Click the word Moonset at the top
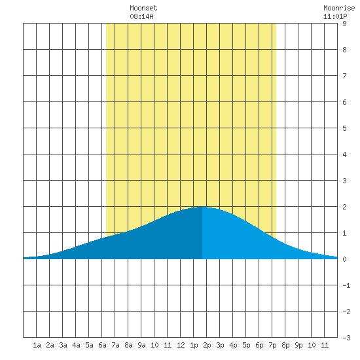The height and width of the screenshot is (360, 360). (x=143, y=8)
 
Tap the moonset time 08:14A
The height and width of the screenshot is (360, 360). (x=141, y=16)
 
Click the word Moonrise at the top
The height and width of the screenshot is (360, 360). (x=339, y=8)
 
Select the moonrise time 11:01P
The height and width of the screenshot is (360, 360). (x=335, y=16)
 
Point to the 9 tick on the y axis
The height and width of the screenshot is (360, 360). (x=344, y=24)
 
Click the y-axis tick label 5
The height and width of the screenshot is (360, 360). (x=344, y=128)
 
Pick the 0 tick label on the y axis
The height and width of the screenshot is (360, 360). (x=344, y=259)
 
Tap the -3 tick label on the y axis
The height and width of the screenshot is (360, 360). (x=346, y=338)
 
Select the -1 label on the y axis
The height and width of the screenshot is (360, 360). (x=346, y=285)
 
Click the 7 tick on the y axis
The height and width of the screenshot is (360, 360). (x=344, y=76)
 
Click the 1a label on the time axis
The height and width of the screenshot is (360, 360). (x=37, y=345)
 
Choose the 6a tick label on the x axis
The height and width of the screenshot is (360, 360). (x=102, y=345)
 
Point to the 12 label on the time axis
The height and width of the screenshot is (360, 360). (x=181, y=345)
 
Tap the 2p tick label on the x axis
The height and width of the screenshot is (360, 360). (x=207, y=345)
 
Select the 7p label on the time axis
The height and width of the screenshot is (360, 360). (x=272, y=345)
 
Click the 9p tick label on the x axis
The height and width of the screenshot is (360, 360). (x=298, y=345)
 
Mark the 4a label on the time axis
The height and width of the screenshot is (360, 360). (x=76, y=345)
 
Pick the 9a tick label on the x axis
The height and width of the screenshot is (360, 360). (x=141, y=345)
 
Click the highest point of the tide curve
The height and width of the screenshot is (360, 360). (x=202, y=207)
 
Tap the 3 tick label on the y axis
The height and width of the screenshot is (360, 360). (x=344, y=181)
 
